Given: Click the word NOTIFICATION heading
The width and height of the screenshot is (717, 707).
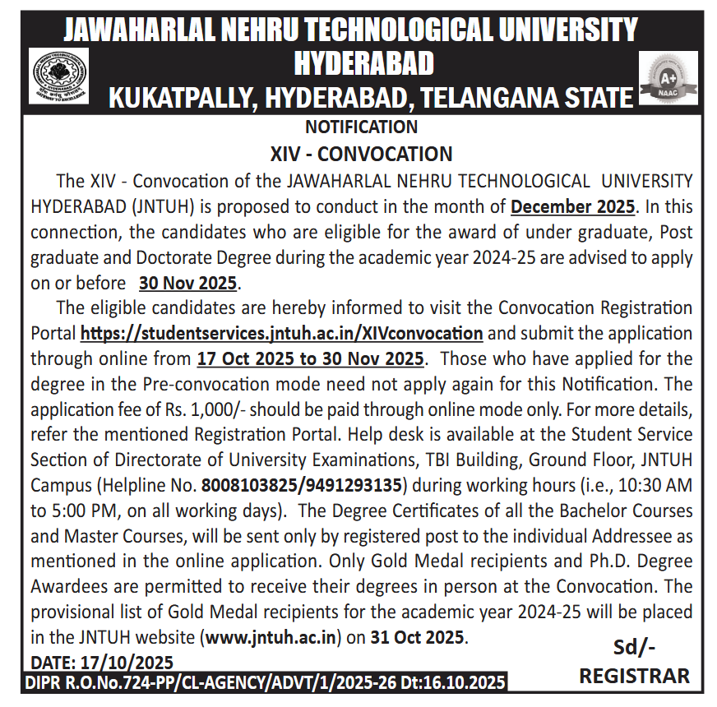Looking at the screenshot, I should click(x=361, y=127).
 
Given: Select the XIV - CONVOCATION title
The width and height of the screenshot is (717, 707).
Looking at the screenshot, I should click(x=361, y=154).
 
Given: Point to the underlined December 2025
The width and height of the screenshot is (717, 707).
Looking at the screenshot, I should click(x=573, y=206).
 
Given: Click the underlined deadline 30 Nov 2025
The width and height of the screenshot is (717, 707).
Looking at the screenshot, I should click(x=188, y=283).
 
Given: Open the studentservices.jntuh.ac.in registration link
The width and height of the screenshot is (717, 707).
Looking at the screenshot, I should click(x=281, y=334).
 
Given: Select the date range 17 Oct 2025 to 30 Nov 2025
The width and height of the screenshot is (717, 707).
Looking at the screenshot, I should click(x=311, y=359).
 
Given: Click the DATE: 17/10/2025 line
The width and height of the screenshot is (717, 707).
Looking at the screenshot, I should click(x=102, y=661).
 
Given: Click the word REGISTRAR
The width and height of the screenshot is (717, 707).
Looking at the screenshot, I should click(x=634, y=676).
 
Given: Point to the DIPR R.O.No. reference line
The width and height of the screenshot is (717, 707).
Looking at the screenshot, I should click(x=266, y=682).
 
